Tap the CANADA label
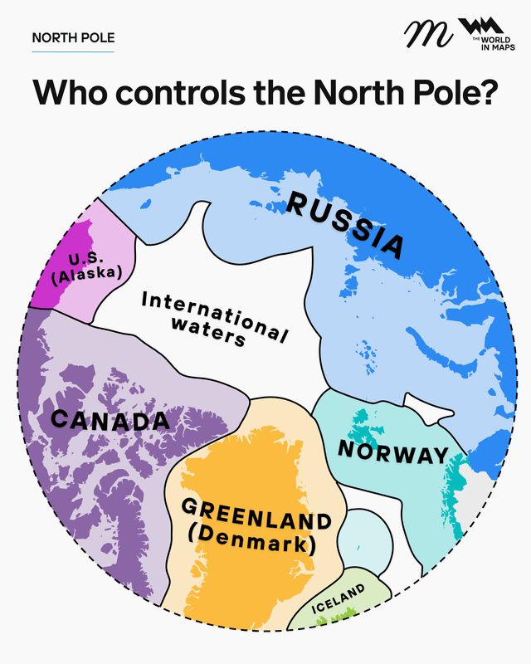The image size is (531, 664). [x=110, y=420]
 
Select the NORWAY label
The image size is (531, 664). [x=392, y=453]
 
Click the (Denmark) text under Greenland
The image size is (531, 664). [x=252, y=545]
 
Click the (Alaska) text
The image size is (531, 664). [x=86, y=275]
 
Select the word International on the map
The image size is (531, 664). [x=214, y=310]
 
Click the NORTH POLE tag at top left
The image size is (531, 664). [x=73, y=37]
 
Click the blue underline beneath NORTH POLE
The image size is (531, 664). [x=73, y=51]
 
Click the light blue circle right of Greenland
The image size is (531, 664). [x=363, y=536]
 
